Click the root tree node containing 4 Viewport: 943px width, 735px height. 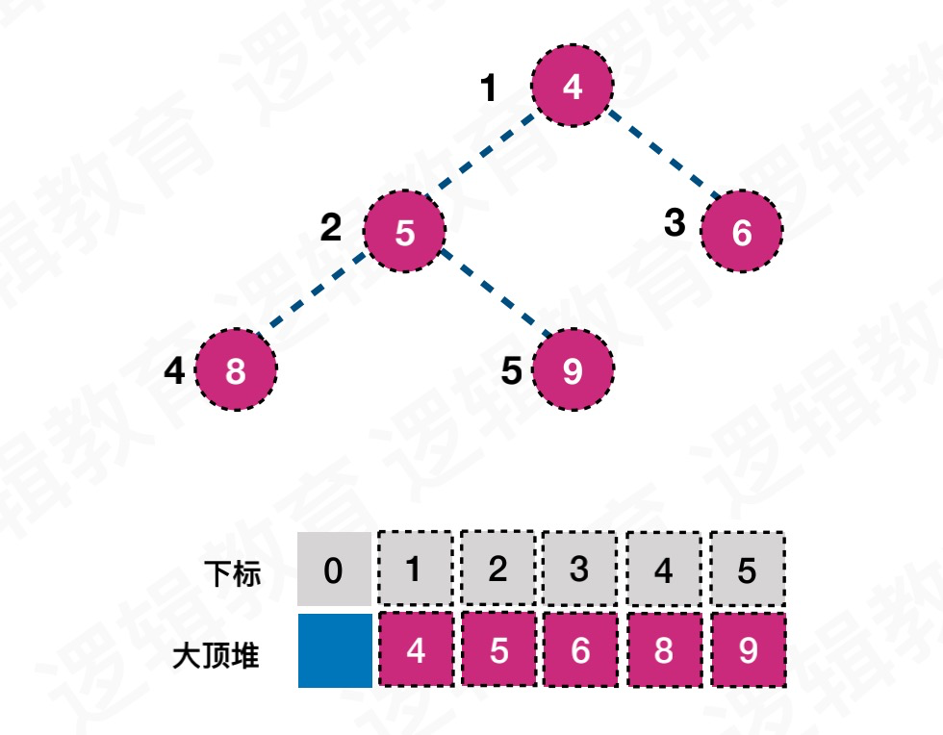tap(573, 87)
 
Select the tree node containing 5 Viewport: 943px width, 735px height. tap(405, 232)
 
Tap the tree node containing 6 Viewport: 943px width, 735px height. tap(742, 232)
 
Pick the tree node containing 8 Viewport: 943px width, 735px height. tap(236, 370)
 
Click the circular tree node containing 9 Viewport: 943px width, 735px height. tap(573, 370)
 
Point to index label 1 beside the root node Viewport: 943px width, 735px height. tap(489, 89)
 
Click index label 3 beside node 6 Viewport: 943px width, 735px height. tap(675, 223)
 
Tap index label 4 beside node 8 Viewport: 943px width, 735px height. tap(174, 370)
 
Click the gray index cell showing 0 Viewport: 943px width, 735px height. tap(333, 570)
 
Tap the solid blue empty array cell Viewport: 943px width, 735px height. tap(334, 651)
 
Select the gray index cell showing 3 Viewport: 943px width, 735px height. tap(579, 569)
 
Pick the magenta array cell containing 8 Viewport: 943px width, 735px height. tap(663, 651)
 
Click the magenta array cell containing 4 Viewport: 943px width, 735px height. tap(415, 651)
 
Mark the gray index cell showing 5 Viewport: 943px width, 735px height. tap(748, 569)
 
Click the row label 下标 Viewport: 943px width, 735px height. tap(234, 574)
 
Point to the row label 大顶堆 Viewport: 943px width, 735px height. tap(217, 657)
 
